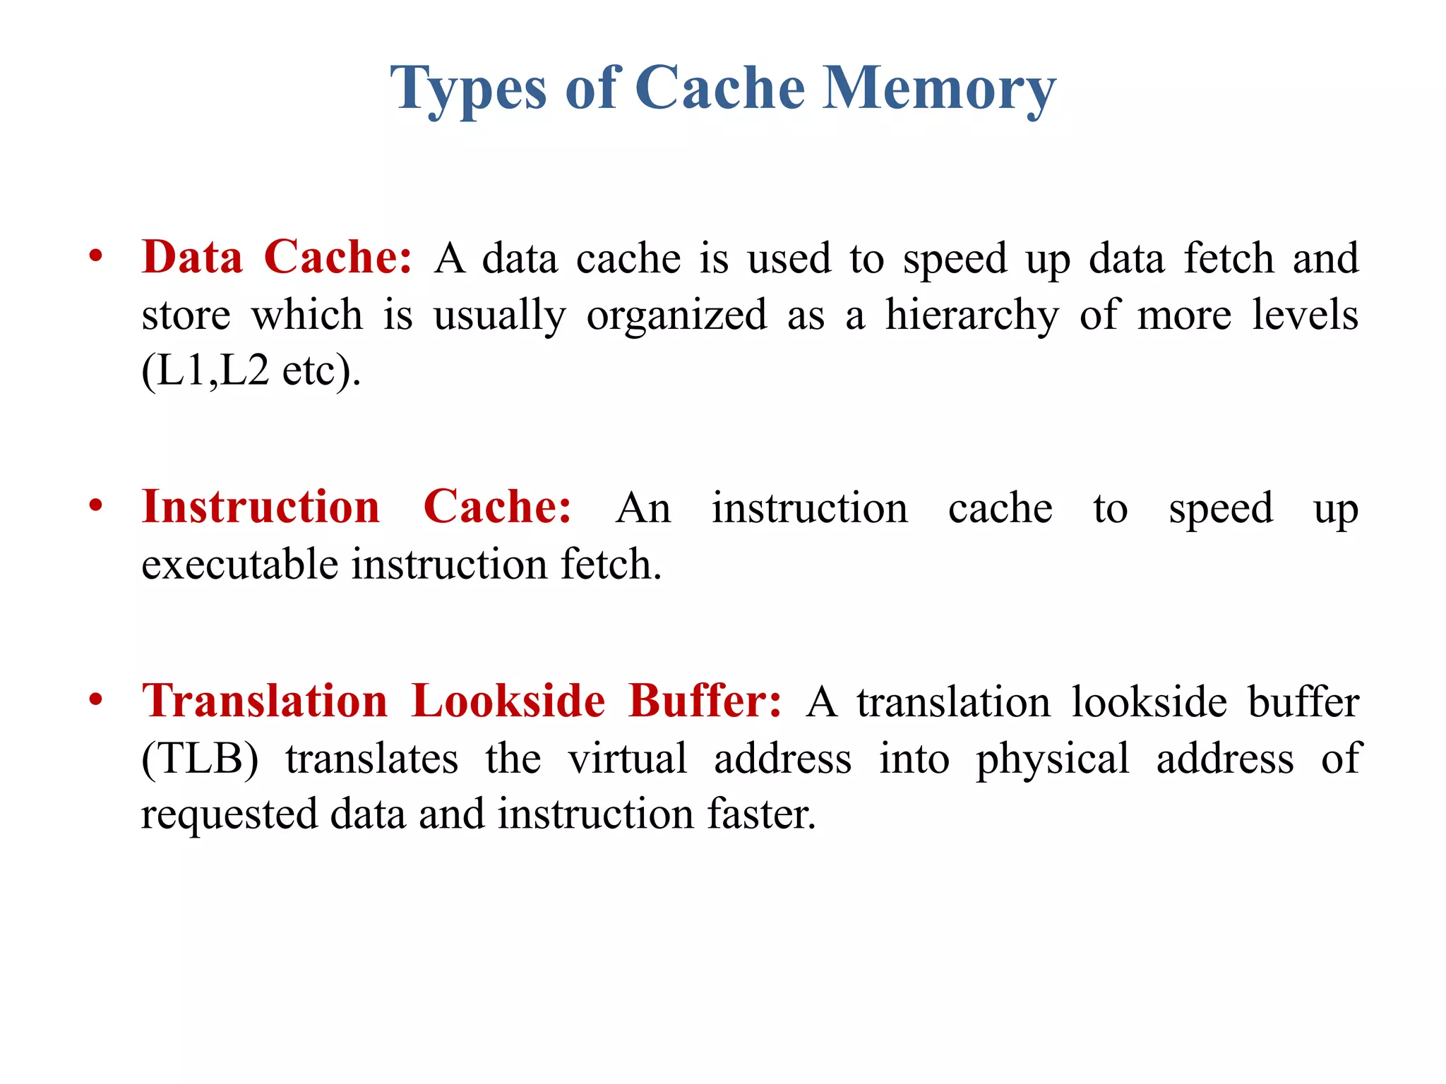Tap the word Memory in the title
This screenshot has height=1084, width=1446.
[x=939, y=88]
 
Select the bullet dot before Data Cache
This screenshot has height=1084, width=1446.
[x=96, y=256]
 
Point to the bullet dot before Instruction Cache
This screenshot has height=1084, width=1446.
[x=96, y=506]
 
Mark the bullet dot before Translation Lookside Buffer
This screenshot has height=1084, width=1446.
[x=96, y=700]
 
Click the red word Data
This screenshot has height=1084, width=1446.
[x=192, y=257]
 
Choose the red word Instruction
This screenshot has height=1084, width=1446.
[x=261, y=507]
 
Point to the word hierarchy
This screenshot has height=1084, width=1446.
[x=972, y=315]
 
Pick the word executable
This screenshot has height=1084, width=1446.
[x=239, y=565]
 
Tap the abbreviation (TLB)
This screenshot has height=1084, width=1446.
[x=201, y=759]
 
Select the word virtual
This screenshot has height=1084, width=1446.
[x=628, y=759]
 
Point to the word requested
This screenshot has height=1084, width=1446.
[x=229, y=814]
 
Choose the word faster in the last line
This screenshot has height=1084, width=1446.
[x=762, y=814]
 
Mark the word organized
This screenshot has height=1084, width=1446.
[x=676, y=315]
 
